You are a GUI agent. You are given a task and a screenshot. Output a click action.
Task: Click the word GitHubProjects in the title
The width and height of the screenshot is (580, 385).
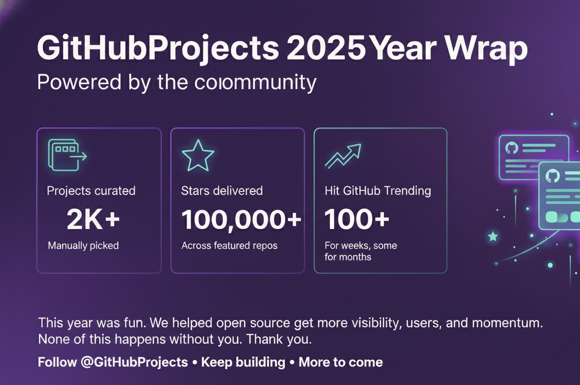pyautogui.click(x=157, y=49)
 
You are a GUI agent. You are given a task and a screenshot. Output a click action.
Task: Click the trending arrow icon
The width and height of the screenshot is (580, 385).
pyautogui.click(x=343, y=156)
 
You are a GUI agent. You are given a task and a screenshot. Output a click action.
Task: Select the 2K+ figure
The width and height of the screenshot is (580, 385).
pyautogui.click(x=94, y=220)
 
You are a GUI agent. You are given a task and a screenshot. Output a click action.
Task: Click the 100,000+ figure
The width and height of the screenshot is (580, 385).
pyautogui.click(x=241, y=220)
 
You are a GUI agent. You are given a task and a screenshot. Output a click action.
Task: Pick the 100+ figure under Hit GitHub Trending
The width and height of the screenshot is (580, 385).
pyautogui.click(x=357, y=220)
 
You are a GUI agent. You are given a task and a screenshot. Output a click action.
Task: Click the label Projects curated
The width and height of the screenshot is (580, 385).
pyautogui.click(x=91, y=191)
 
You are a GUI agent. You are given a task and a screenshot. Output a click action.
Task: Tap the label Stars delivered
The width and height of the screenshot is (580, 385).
pyautogui.click(x=222, y=191)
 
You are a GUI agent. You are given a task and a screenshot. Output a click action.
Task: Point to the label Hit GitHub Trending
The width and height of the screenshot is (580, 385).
pyautogui.click(x=378, y=191)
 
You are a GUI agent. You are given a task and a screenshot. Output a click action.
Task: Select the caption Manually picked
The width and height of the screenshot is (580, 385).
pyautogui.click(x=83, y=246)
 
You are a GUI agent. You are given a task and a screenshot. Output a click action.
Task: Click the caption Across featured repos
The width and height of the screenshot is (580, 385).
pyautogui.click(x=229, y=246)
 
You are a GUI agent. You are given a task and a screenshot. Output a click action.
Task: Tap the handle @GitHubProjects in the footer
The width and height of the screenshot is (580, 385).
pyautogui.click(x=134, y=362)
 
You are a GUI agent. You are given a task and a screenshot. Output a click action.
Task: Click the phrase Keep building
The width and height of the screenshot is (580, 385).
pyautogui.click(x=243, y=362)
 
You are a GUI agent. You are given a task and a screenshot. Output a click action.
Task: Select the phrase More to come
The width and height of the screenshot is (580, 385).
pyautogui.click(x=340, y=362)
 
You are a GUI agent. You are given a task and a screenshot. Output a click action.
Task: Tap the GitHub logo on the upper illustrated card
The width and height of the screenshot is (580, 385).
pyautogui.click(x=511, y=148)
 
